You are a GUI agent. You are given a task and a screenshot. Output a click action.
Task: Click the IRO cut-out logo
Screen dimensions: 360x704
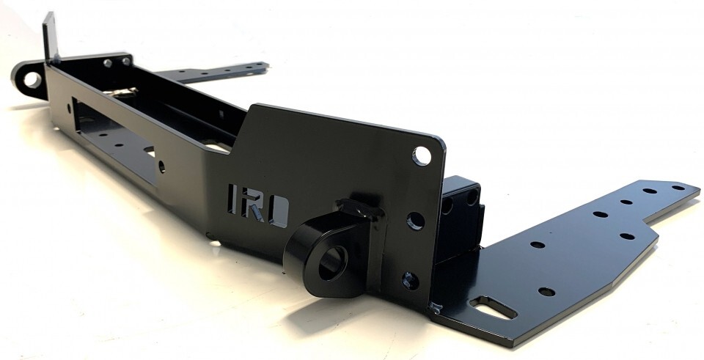[x=257, y=200]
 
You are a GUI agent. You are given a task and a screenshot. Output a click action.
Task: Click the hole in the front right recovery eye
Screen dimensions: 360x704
[x=334, y=260]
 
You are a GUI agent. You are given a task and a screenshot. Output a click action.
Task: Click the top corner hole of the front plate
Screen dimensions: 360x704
[x=422, y=155]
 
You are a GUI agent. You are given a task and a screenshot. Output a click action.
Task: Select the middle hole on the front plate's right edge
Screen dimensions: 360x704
[x=415, y=220]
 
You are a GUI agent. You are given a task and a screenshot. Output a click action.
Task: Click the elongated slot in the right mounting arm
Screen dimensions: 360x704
[x=493, y=307]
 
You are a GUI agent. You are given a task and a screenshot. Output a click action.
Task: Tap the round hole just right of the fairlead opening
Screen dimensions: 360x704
[x=161, y=166]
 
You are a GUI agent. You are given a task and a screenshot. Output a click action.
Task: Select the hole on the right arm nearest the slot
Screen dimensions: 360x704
[x=546, y=291]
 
